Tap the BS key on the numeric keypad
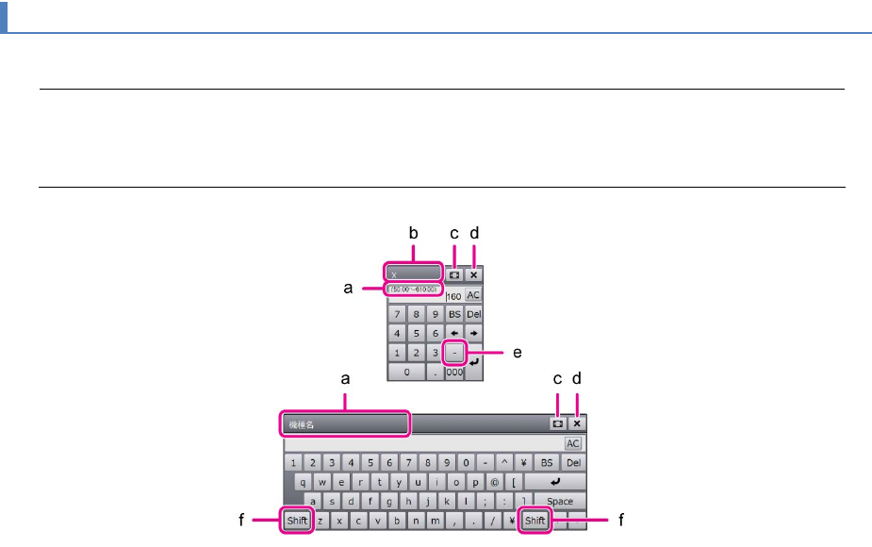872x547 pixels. point(454,313)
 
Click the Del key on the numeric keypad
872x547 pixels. point(473,313)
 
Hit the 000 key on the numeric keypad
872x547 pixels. point(454,373)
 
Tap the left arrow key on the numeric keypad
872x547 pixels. point(454,333)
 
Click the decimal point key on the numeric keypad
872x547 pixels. point(434,373)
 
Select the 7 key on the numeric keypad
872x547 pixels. point(397,313)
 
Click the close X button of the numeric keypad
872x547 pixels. point(473,275)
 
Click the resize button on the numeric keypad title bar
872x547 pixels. point(454,275)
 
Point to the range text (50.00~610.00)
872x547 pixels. point(411,288)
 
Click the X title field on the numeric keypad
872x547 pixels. point(412,274)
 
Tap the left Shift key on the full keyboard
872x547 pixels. point(298,520)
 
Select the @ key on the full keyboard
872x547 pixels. point(495,482)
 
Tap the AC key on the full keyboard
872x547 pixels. point(573,443)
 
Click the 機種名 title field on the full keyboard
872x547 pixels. point(345,424)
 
